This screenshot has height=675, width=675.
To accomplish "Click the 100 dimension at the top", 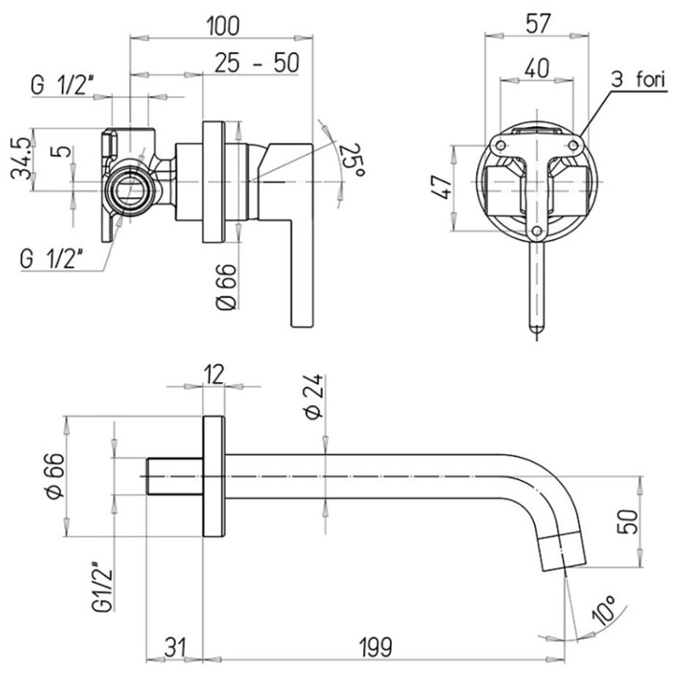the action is click(222, 26).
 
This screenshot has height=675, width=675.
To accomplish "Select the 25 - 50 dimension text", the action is click(257, 63).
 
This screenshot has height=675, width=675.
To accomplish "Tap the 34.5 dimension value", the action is click(21, 158).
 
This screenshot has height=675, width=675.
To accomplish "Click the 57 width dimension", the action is click(537, 23).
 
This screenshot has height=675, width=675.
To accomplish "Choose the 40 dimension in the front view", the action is click(537, 68).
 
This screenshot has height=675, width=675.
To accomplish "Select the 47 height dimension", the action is click(442, 187).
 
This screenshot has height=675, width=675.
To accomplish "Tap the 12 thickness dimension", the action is click(214, 373).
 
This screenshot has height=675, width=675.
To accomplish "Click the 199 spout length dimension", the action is click(376, 647).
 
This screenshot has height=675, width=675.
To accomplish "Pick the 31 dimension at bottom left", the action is click(175, 647).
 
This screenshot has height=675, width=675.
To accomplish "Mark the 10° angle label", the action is click(604, 610).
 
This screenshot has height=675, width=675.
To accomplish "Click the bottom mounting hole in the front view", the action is click(536, 231).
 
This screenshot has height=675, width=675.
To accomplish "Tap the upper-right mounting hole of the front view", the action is click(574, 145).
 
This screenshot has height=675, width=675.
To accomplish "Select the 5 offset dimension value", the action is click(63, 152).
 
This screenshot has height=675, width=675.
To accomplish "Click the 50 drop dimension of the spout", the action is click(628, 522).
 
